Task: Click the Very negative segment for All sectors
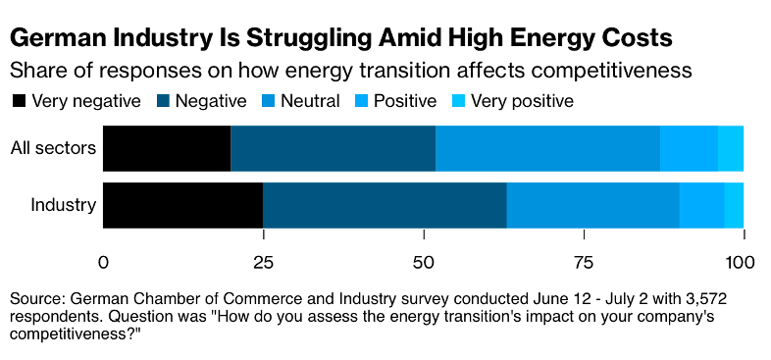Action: [167, 148]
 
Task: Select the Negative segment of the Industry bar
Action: [385, 205]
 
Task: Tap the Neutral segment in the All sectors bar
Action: [547, 148]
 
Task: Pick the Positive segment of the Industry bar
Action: [701, 205]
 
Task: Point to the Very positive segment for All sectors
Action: [731, 148]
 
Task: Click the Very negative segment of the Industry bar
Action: [182, 205]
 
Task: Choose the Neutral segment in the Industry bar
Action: [593, 205]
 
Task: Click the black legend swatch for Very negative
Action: [19, 101]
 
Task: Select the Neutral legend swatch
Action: [268, 101]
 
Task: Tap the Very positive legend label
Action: [522, 101]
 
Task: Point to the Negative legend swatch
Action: [163, 101]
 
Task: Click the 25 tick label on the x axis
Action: [263, 262]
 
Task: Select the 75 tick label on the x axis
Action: [584, 262]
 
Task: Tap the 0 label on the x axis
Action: [103, 262]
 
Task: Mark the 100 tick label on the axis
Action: [739, 262]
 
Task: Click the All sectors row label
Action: [53, 148]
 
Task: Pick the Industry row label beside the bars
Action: [64, 205]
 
